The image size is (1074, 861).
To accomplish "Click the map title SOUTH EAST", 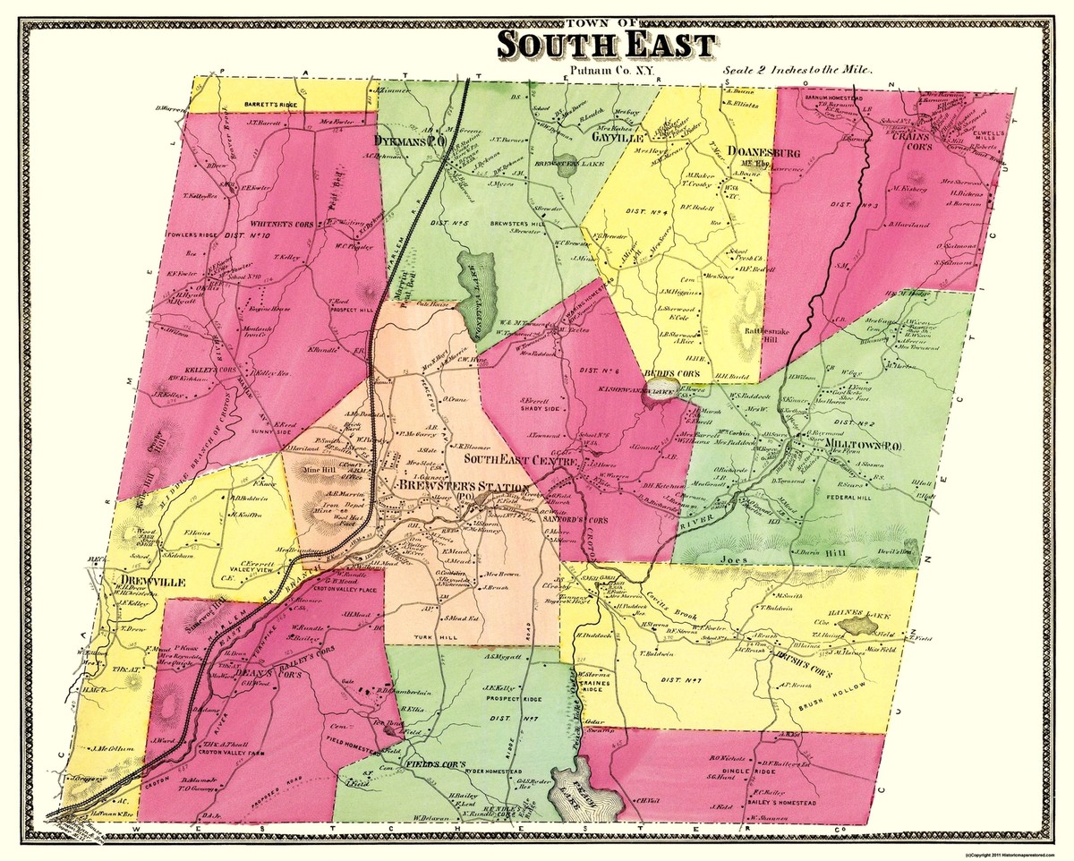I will pyautogui.click(x=606, y=45).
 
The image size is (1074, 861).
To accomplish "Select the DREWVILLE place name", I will pyautogui.click(x=147, y=582).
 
